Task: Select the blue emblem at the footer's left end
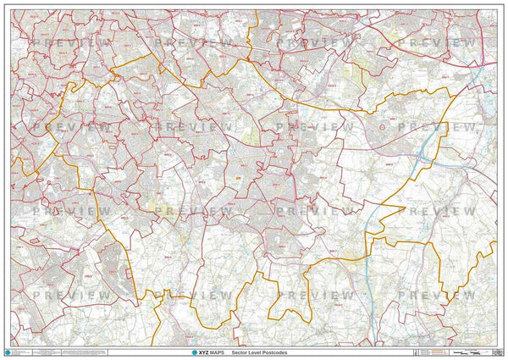tap(9, 352)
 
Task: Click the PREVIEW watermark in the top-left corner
tap(72, 42)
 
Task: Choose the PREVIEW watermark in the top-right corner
tap(440, 42)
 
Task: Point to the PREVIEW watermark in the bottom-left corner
tap(72, 295)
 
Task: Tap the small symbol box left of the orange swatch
tap(414, 351)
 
